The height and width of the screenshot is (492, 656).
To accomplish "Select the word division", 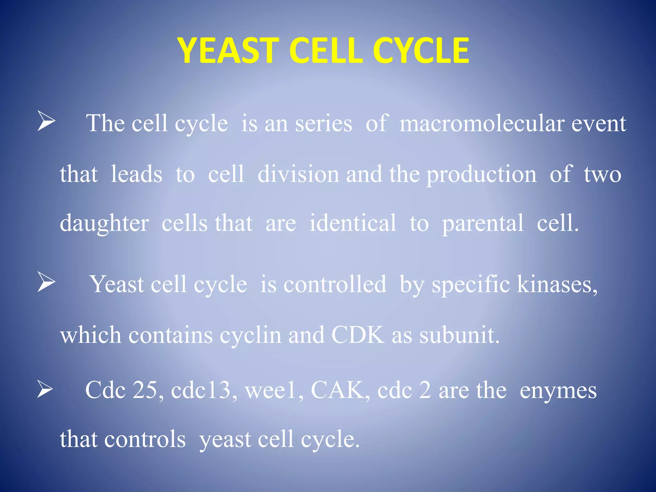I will pyautogui.click(x=298, y=175).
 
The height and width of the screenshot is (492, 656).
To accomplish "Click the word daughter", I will pyautogui.click(x=104, y=224).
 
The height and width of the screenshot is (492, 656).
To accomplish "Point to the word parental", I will pyautogui.click(x=483, y=224).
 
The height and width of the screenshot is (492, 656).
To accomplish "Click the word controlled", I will pyautogui.click(x=335, y=284).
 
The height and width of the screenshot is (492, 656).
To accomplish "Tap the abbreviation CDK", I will pyautogui.click(x=358, y=335).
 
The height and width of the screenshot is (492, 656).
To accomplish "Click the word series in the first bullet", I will pyautogui.click(x=323, y=124).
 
